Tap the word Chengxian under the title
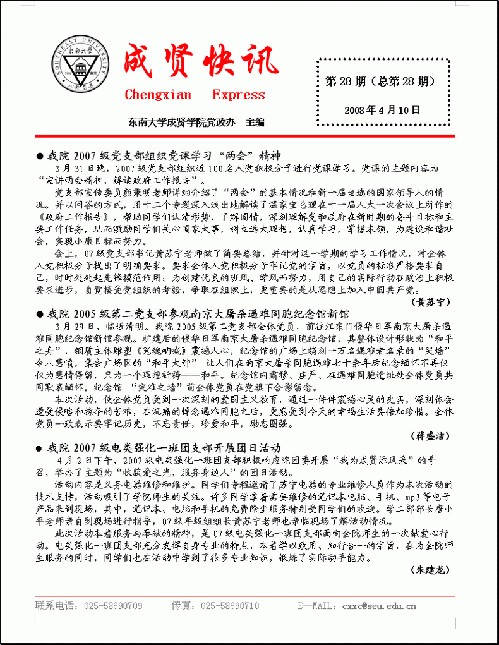pyautogui.click(x=157, y=95)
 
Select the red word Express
pyautogui.click(x=239, y=95)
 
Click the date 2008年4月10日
pyautogui.click(x=382, y=110)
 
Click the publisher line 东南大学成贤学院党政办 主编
pyautogui.click(x=196, y=122)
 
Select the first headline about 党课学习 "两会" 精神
pyautogui.click(x=164, y=155)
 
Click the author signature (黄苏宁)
pyautogui.click(x=433, y=302)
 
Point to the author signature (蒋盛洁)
pyautogui.click(x=433, y=436)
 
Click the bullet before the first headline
pyautogui.click(x=40, y=156)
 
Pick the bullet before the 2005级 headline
pyautogui.click(x=40, y=314)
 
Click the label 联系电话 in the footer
pyautogui.click(x=53, y=606)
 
